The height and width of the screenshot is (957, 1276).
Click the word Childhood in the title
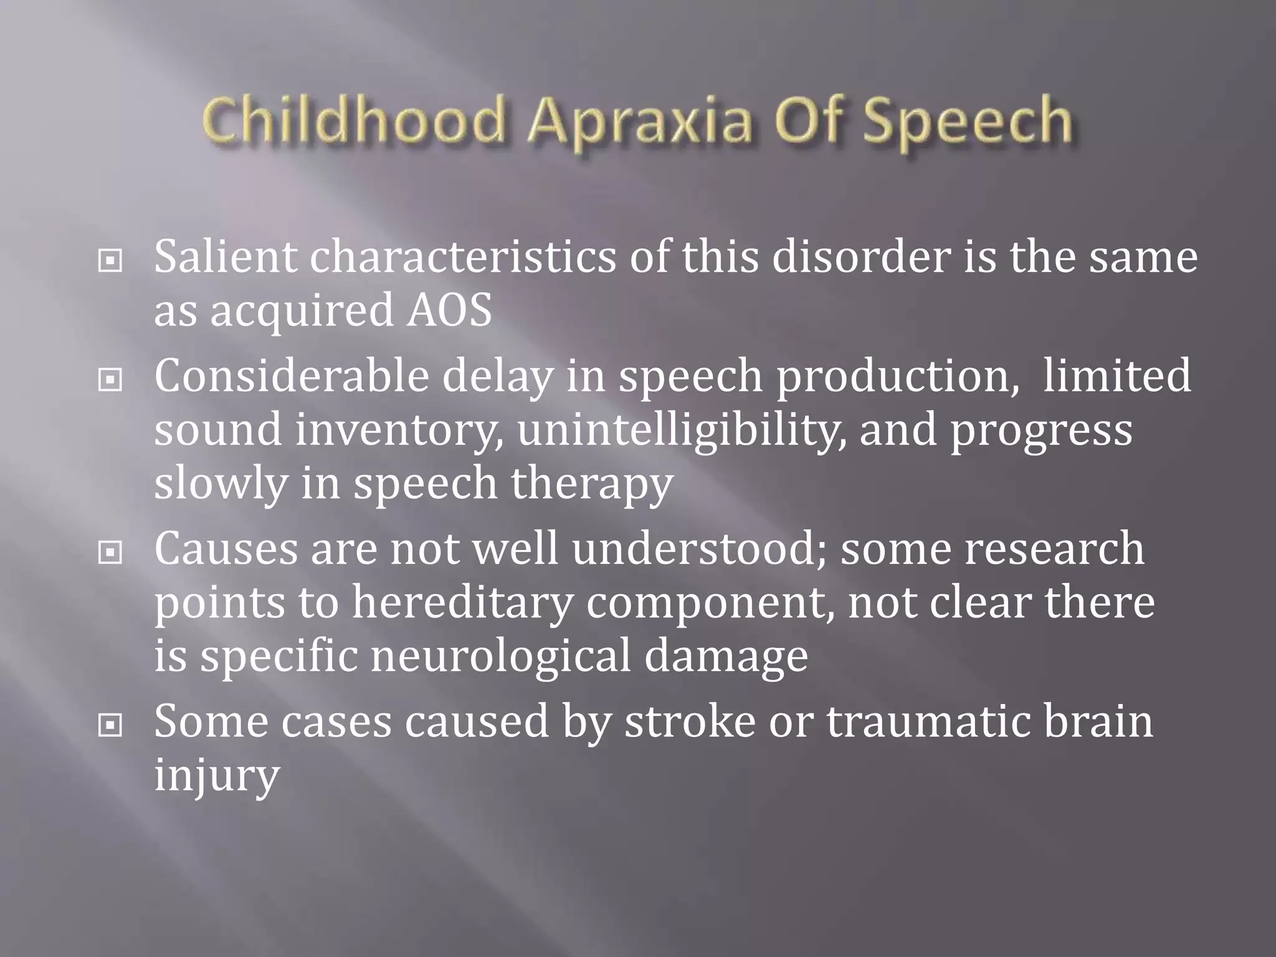point(353,120)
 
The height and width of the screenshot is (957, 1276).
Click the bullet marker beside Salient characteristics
point(110,261)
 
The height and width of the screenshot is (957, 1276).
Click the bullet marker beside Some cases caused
point(110,725)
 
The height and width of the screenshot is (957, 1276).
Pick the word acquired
point(302,312)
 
